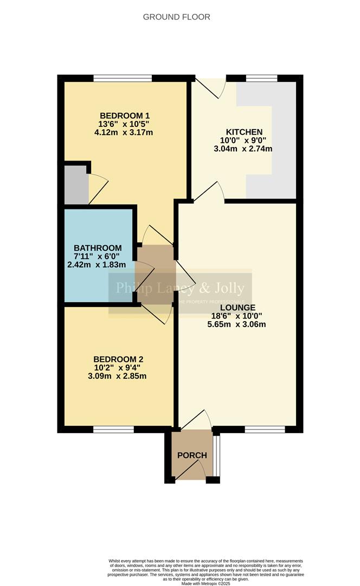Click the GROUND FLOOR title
pos(176,17)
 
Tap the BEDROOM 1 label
pos(124,116)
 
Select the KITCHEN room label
pos(244,132)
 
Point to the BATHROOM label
pos(98,248)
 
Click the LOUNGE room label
pos(238,308)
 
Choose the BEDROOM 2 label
pos(118,359)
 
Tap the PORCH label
pos(192,455)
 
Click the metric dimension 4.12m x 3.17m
pos(124,132)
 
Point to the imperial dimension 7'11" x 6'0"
pos(98,257)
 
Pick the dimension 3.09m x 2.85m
pos(118,376)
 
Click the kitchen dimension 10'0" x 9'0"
pos(244,141)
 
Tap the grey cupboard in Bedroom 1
pos(76,184)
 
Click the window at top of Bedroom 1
pos(123,78)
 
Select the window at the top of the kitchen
pos(262,78)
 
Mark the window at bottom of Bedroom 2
pos(113,430)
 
